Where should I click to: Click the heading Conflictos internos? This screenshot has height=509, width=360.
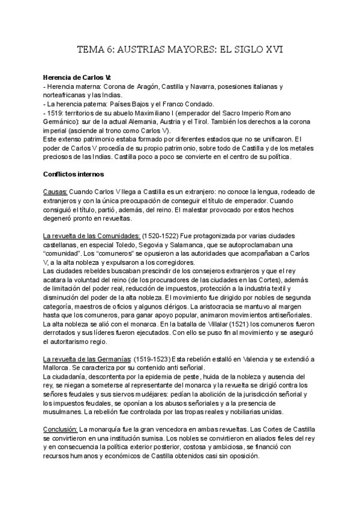pyautogui.click(x=74, y=175)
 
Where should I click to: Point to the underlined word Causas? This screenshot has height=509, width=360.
pyautogui.click(x=55, y=191)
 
